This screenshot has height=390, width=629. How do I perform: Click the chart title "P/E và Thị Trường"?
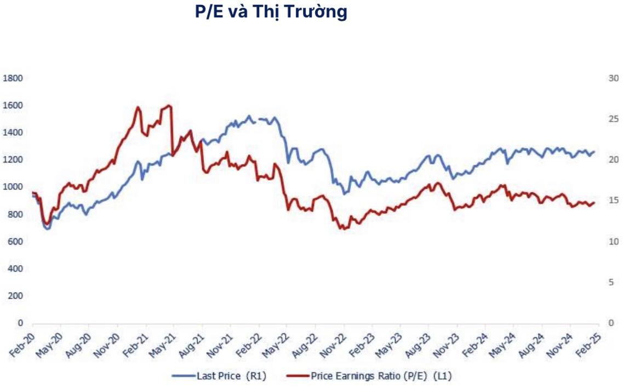coord(271,12)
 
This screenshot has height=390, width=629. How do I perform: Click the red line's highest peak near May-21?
coord(169,106)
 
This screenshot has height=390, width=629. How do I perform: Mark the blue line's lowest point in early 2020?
coord(47,229)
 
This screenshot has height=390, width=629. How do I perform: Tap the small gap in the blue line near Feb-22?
coord(257,120)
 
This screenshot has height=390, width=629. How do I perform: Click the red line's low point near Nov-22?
coord(344,229)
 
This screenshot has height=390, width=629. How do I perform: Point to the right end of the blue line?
coord(594,152)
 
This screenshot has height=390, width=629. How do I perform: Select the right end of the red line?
coord(594,203)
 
